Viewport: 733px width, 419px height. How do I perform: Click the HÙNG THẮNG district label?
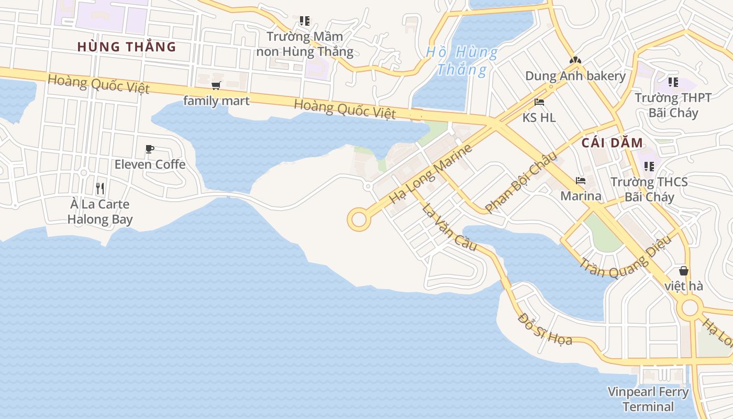click(127, 47)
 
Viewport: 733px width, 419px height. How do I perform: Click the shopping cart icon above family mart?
click(216, 85)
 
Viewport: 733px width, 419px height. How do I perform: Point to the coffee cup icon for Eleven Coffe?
click(150, 149)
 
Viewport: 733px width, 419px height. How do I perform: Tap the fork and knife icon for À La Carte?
click(100, 189)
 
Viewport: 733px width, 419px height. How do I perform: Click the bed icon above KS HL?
click(539, 102)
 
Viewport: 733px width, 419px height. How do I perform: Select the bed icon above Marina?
click(581, 181)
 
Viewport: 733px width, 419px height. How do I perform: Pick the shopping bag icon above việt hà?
click(684, 271)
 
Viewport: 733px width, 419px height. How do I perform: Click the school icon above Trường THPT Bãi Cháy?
click(673, 82)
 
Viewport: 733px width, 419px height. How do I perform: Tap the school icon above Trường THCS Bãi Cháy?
click(649, 167)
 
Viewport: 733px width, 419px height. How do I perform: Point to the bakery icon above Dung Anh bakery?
click(575, 61)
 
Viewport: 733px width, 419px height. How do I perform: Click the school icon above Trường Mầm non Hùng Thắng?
click(305, 21)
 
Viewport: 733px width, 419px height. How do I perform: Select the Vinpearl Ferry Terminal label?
click(648, 399)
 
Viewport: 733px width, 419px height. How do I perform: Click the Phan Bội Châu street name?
click(520, 182)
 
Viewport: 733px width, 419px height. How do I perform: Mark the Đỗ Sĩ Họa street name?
click(545, 329)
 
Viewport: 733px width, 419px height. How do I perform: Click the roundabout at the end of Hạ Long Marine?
click(359, 219)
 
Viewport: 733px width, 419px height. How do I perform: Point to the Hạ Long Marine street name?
click(430, 174)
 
